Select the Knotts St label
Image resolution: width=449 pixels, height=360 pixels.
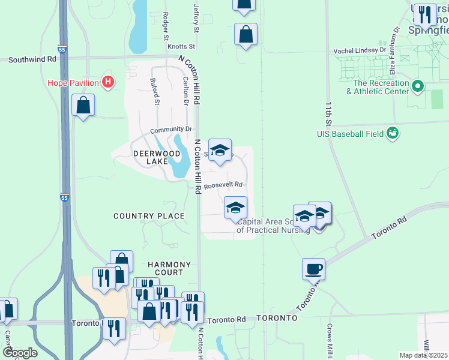coord(181,46)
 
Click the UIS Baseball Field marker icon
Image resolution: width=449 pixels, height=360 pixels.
coord(393,133)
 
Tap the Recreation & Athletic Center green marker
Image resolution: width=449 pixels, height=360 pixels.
coord(420,87)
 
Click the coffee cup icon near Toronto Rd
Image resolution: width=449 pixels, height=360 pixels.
coord(313,268)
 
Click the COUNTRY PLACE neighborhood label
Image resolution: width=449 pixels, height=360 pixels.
coord(149,216)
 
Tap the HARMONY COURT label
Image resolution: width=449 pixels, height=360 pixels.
coord(170,269)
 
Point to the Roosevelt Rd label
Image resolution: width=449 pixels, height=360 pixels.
coord(223,185)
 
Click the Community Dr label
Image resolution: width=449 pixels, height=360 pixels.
coord(170,130)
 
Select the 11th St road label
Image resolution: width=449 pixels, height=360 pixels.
coord(329,112)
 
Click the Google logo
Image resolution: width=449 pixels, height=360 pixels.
coord(19,352)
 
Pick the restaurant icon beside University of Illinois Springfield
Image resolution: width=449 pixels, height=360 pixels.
coord(425,15)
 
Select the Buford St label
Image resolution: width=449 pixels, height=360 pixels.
coord(155,91)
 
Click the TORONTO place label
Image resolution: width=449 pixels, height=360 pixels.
coord(277,317)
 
